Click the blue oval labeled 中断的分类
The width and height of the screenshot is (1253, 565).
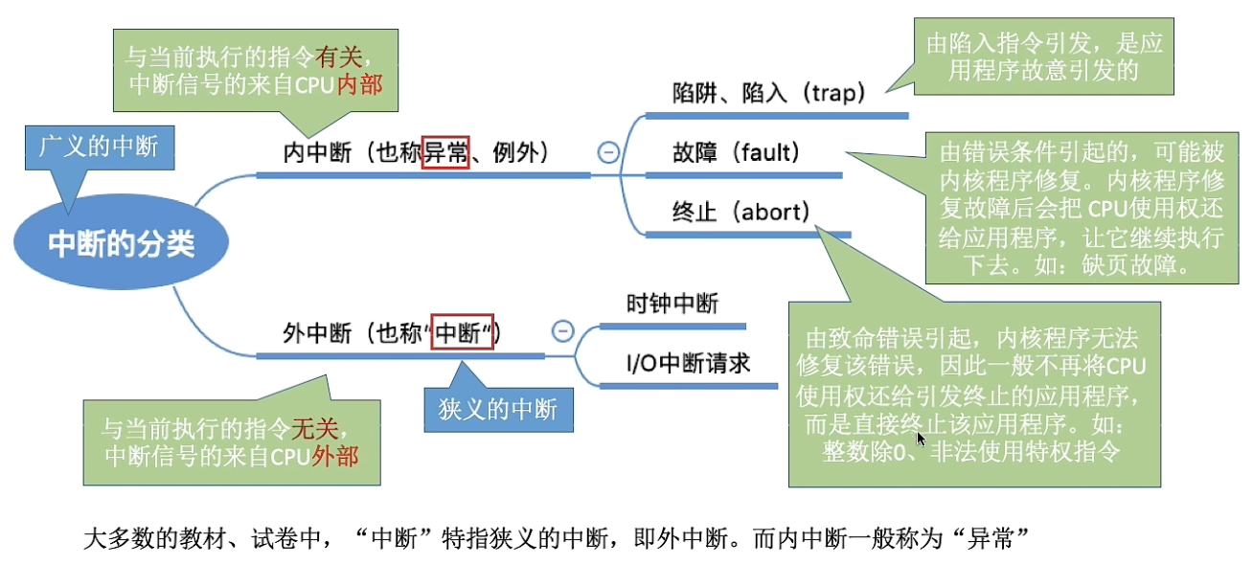coord(121,245)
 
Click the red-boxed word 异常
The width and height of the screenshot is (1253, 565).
coord(446,151)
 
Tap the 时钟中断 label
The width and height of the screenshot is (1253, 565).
coord(672,304)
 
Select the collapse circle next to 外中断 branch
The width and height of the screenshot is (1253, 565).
coord(563,331)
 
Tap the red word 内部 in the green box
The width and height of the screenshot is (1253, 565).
coord(359,84)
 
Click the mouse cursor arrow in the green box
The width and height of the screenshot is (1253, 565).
coord(921,438)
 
